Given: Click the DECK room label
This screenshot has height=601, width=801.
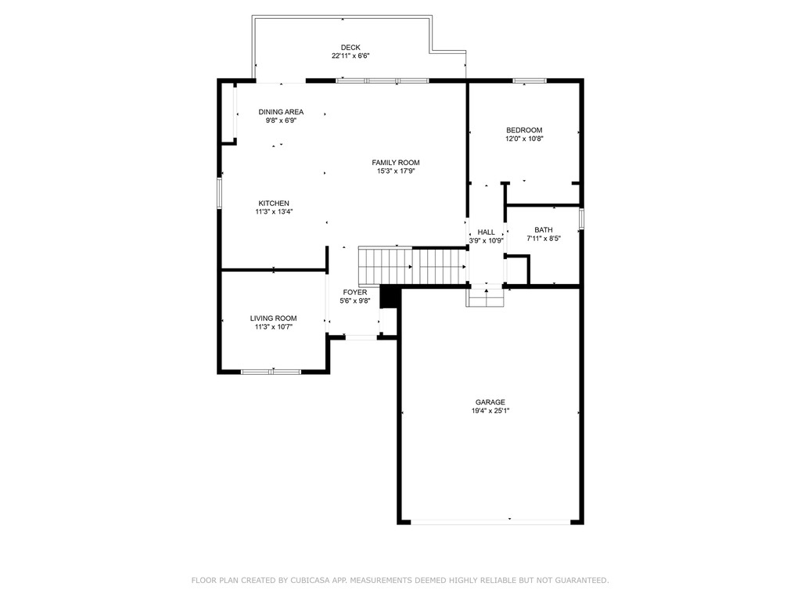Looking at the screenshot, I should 350,47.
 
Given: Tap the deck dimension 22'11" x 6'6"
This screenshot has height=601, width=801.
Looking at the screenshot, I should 350,56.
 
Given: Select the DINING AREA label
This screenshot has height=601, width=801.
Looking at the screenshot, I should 281,112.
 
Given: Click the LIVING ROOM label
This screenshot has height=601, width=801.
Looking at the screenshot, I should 273,318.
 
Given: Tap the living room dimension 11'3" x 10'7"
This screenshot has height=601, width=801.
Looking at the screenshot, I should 273,327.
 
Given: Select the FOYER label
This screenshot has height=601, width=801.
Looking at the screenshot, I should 354,293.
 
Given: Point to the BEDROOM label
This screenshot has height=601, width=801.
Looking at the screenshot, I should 523,130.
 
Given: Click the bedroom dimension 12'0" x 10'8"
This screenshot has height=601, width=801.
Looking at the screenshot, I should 523,139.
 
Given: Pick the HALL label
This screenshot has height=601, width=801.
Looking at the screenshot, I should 486,232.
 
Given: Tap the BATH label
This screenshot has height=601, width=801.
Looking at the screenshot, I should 543,230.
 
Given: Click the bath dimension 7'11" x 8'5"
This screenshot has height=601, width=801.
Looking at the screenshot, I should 543,239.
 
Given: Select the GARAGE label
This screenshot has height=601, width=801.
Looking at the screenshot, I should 490,402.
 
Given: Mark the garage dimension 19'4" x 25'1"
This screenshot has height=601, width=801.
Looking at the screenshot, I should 490,411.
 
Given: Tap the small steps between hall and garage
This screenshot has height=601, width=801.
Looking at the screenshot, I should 486,298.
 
